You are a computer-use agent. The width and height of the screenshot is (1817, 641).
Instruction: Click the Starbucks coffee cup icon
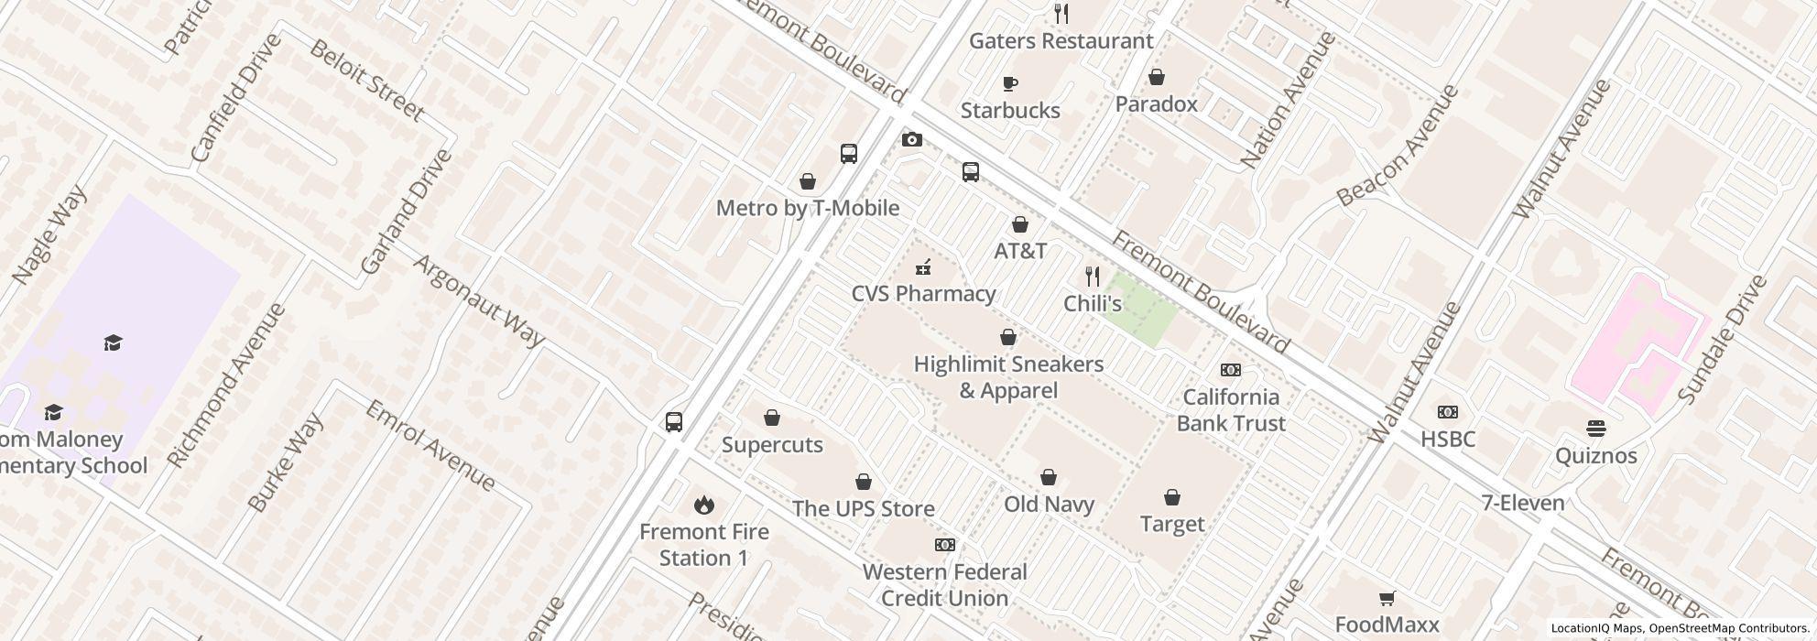pos(1010,84)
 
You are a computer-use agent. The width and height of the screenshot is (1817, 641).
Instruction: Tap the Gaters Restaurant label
pos(1061,41)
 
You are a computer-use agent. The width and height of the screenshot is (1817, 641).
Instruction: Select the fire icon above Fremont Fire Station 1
pos(703,505)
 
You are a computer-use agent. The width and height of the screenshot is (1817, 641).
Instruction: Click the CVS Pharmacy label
pos(923,294)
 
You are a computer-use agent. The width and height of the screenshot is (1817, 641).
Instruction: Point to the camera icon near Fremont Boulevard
pos(911,139)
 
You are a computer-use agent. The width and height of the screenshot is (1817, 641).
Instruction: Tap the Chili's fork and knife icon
pos(1092,276)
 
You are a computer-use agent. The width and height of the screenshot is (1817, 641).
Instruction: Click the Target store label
pos(1171,524)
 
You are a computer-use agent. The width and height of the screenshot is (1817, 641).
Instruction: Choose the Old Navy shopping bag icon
pos(1049,477)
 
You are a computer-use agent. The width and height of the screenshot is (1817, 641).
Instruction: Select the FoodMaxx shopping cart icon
pos(1387,599)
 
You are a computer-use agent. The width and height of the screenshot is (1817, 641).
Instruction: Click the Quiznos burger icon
pos(1595,429)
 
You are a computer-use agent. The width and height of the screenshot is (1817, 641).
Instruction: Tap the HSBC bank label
pos(1447,440)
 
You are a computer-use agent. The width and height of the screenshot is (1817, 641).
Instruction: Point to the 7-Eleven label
pos(1523,503)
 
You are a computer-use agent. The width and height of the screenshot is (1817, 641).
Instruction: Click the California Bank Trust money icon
pos(1230,370)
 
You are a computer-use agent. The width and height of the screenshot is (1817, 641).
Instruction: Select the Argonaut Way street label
pos(479,300)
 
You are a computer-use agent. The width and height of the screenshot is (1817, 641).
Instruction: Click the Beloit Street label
pos(366,81)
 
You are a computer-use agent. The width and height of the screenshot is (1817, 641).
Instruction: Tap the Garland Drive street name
pos(406,212)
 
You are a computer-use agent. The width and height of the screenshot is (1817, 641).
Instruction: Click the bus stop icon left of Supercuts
pos(674,422)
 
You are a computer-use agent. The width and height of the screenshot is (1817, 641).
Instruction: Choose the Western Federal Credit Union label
pos(944,585)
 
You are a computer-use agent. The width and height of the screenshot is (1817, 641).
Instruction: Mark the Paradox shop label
pos(1156,104)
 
